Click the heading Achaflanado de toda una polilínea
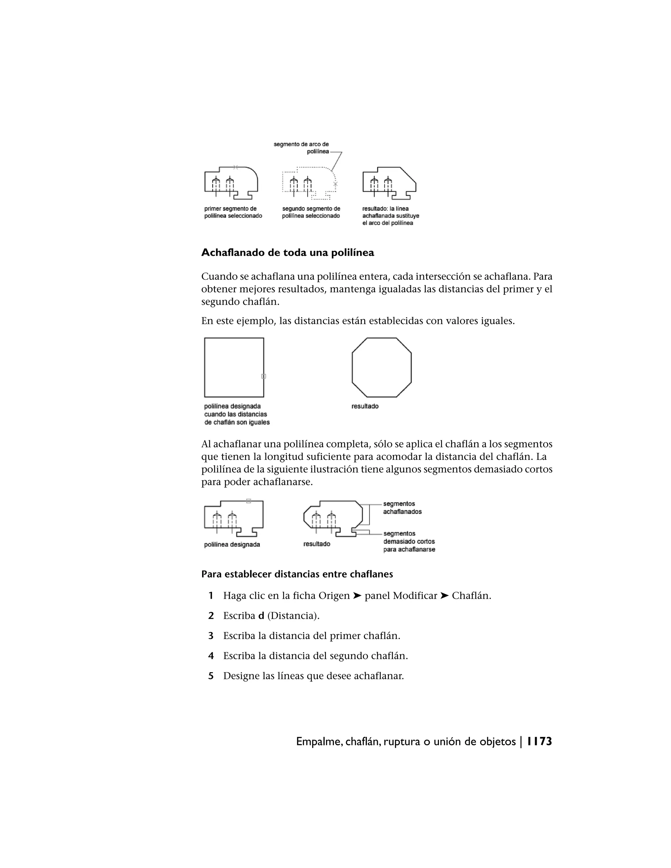pyautogui.click(x=287, y=253)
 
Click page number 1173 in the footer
pyautogui.click(x=539, y=742)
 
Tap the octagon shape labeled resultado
pyautogui.click(x=382, y=367)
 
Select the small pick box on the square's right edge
pyautogui.click(x=263, y=376)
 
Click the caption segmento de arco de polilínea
pyautogui.click(x=301, y=148)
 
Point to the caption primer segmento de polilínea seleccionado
pyautogui.click(x=233, y=212)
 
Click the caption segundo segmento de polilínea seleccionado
pyautogui.click(x=311, y=212)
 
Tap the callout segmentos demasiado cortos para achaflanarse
pyautogui.click(x=409, y=541)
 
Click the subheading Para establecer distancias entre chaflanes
pyautogui.click(x=297, y=574)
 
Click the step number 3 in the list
pyautogui.click(x=211, y=636)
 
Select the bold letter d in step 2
pyautogui.click(x=261, y=616)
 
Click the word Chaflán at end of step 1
pyautogui.click(x=471, y=596)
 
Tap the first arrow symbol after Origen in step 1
pyautogui.click(x=357, y=596)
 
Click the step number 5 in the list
pyautogui.click(x=211, y=676)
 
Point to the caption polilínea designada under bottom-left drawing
pyautogui.click(x=232, y=544)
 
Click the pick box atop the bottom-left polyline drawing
pyautogui.click(x=248, y=501)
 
